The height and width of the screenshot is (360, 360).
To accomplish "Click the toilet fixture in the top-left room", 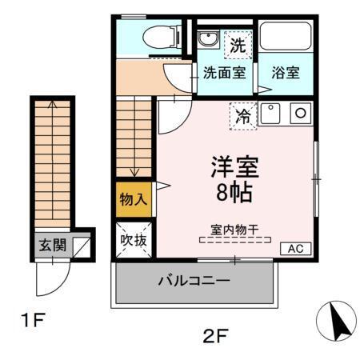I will (x=159, y=36).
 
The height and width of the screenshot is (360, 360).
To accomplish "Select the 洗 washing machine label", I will (x=237, y=45).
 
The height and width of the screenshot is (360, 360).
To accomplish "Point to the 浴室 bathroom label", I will (x=285, y=72).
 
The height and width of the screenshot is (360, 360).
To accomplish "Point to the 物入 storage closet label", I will (x=132, y=199).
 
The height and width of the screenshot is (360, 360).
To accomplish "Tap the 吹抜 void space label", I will (x=133, y=240).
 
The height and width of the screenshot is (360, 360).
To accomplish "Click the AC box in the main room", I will (x=294, y=250).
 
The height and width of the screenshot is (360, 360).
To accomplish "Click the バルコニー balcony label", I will (x=194, y=282).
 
